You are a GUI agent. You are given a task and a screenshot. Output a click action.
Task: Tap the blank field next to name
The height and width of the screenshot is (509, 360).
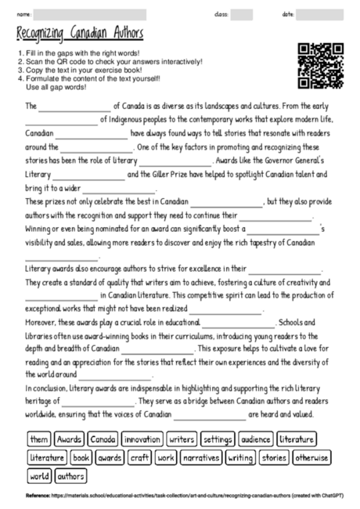tap(90, 14)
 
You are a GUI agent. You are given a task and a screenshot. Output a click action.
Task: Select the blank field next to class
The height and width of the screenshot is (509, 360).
tap(242, 14)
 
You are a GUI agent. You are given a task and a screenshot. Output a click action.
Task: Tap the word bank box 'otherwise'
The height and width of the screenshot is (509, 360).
tap(312, 457)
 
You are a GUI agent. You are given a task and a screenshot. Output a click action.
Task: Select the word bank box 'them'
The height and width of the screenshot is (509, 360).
tap(39, 440)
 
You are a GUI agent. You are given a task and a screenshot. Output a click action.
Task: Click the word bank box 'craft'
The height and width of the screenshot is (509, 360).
tap(140, 457)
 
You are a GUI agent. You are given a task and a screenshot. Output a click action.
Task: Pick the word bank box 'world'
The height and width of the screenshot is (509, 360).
tap(39, 475)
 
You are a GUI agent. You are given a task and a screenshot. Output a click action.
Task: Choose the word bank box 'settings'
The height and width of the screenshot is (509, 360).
tap(218, 440)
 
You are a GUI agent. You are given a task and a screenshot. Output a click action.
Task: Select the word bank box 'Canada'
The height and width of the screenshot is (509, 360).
tap(103, 440)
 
